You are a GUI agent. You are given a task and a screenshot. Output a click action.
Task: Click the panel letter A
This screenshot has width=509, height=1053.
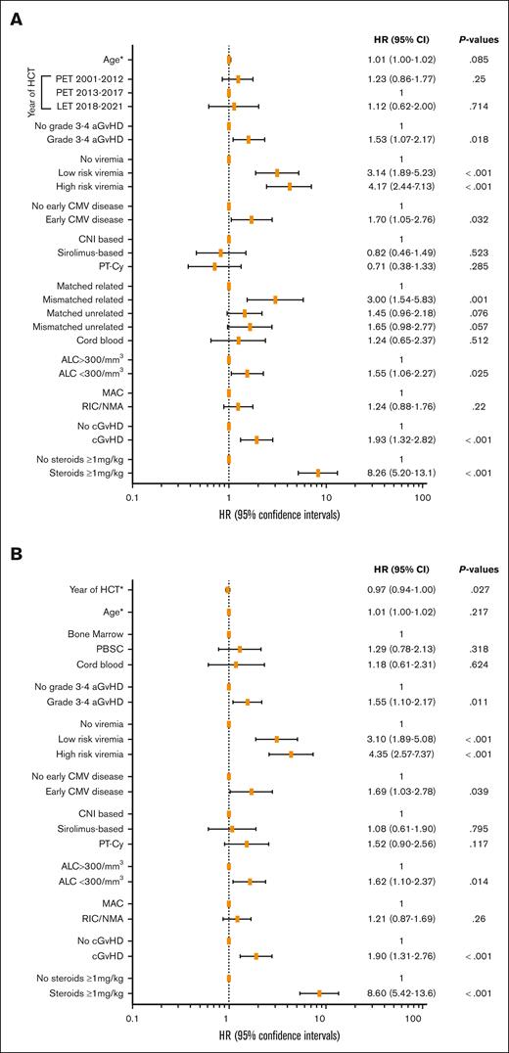coord(16,16)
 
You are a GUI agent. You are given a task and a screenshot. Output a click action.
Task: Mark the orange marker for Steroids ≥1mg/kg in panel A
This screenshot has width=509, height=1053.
coord(318,472)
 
